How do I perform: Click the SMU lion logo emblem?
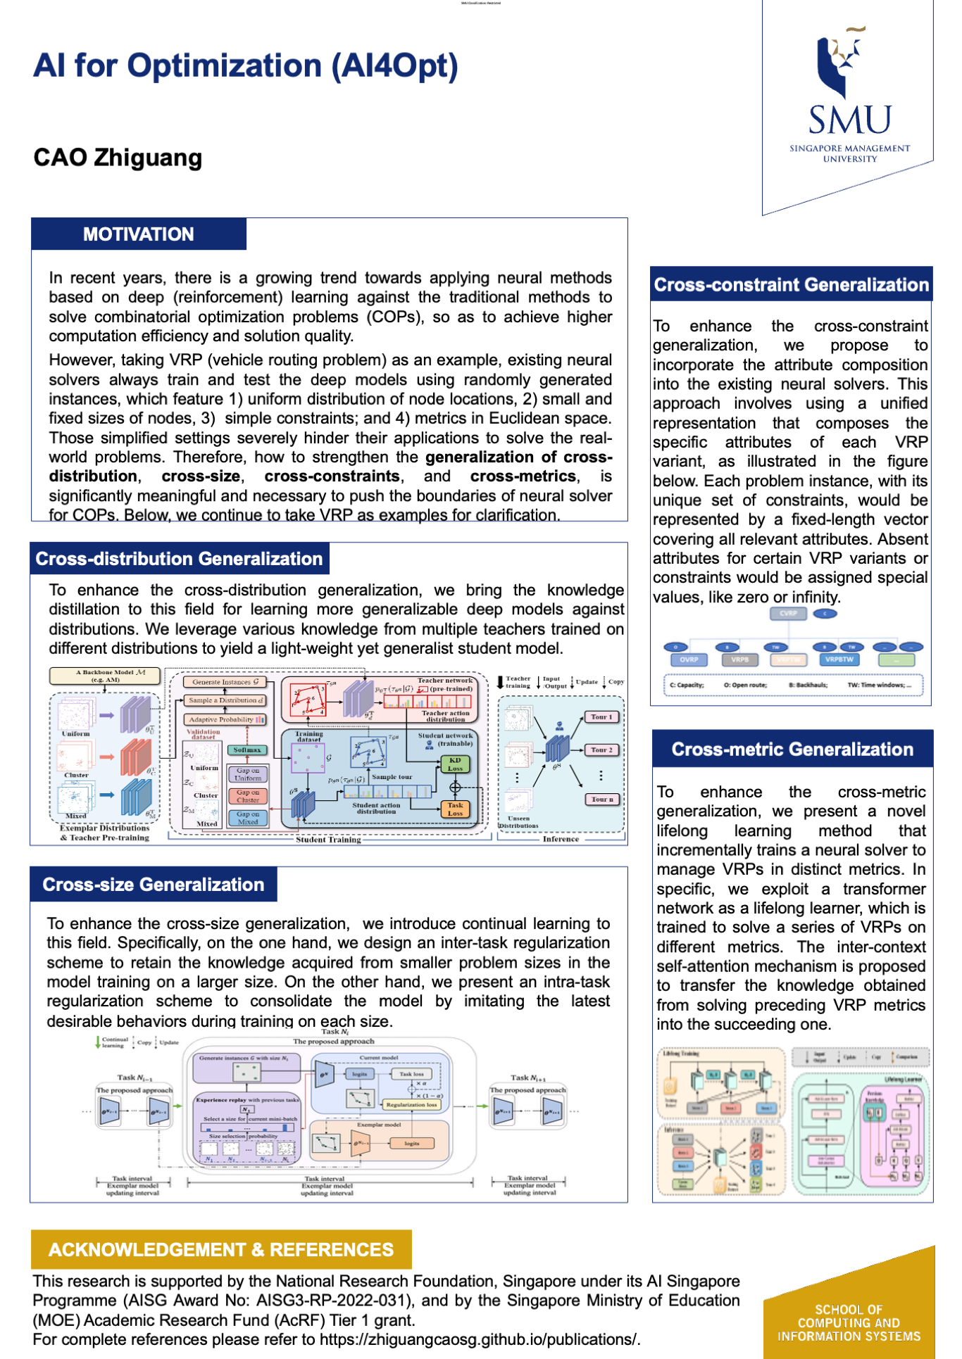pos(842,63)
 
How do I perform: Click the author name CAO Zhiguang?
pos(118,158)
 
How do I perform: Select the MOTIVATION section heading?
pos(138,234)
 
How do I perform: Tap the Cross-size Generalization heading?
pos(153,885)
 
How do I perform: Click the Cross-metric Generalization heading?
pos(792,749)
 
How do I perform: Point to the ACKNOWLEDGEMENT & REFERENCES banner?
pos(220,1249)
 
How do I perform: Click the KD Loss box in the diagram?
pos(455,764)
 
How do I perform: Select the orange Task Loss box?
pos(455,809)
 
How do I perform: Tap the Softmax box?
pos(247,750)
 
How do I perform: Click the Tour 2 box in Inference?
pos(601,750)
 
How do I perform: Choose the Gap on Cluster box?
pos(247,796)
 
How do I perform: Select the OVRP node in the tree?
pos(689,659)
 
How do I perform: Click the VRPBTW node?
pos(839,659)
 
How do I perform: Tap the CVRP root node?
pos(788,614)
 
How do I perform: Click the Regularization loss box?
pos(411,1104)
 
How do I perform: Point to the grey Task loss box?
pos(411,1074)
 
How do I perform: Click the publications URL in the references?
pos(478,1339)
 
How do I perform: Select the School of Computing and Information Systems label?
pos(849,1323)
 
